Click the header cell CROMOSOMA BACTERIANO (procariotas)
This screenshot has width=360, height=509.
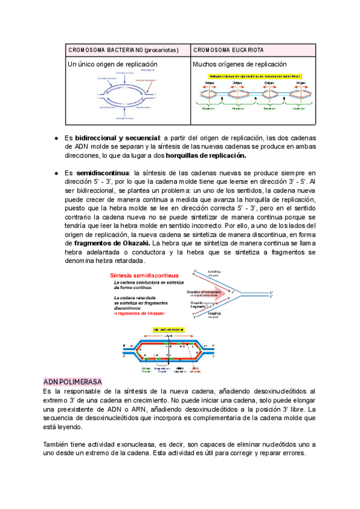click(x=123, y=49)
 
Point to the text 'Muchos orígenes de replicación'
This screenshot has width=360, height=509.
click(x=240, y=64)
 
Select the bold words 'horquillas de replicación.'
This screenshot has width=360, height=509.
click(x=206, y=155)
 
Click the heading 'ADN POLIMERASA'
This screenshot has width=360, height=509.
click(x=73, y=382)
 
